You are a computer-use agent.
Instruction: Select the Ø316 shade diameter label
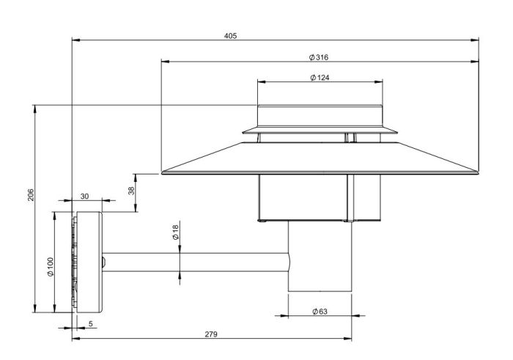point(318,56)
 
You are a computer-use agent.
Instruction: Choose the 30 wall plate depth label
point(84,196)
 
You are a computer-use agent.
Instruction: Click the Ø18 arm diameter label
point(175,233)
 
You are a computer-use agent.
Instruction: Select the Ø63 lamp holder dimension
point(319,312)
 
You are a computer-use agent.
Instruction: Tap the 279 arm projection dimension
point(210,334)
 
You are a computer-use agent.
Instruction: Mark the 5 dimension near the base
point(89,323)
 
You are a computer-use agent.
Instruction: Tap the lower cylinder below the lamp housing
point(319,257)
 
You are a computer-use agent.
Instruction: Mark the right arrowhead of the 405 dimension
point(477,40)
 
